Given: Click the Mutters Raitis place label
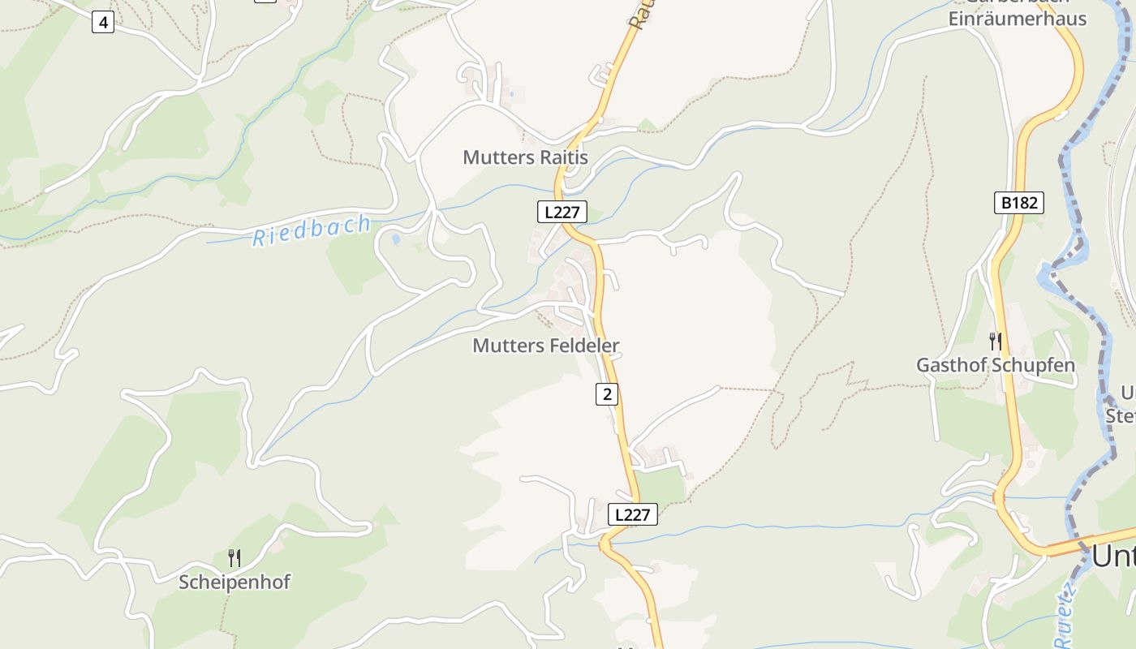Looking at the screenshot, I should click(525, 157).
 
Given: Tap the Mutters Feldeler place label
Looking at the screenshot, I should click(545, 346).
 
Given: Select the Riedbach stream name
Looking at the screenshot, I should click(312, 230).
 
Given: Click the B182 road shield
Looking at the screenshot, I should click(1018, 203).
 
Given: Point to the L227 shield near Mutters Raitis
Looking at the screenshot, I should click(562, 213).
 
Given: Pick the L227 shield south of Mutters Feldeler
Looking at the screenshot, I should click(632, 514).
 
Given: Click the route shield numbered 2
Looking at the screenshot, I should click(606, 394).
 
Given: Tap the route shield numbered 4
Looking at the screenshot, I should click(102, 23).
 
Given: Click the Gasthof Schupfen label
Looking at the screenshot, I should click(995, 365).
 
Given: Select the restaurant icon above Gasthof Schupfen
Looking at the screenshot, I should click(996, 341).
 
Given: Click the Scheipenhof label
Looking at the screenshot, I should click(234, 582).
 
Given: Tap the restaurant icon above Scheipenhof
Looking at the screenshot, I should click(234, 557).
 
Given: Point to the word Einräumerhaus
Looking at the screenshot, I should click(1018, 19).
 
